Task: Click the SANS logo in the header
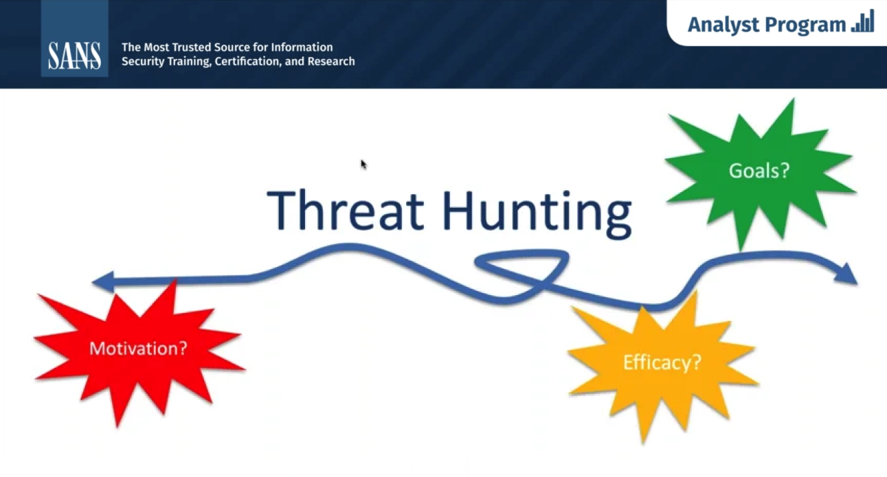point(74,56)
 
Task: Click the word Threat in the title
point(346,210)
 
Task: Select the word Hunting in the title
point(537,214)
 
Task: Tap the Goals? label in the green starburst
point(759,171)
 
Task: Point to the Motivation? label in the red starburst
point(138,349)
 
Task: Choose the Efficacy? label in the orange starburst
point(662,362)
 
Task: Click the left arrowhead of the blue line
point(103,281)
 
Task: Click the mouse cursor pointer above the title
point(363,164)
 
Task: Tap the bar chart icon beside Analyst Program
point(863,22)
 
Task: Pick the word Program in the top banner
point(805,25)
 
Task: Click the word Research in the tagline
point(331,61)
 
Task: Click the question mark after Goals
point(785,170)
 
